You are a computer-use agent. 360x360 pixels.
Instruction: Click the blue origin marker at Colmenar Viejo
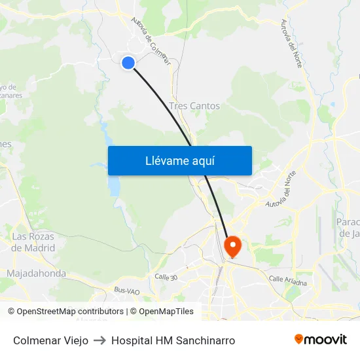[128, 62]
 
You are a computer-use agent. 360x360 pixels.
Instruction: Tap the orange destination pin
[232, 246]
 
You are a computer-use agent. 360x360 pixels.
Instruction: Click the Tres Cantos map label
[194, 105]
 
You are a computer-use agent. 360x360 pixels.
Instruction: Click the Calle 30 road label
[166, 278]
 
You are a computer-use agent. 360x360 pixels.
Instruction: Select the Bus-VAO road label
[127, 290]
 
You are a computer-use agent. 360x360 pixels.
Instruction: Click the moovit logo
[321, 340]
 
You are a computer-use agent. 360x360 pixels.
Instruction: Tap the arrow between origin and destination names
[99, 340]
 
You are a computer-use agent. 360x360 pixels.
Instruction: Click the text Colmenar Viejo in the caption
[50, 340]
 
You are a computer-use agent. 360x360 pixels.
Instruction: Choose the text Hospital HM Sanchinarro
[173, 340]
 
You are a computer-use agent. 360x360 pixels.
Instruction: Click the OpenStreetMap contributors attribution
[65, 312]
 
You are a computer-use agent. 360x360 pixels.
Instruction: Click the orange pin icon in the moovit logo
[299, 340]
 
